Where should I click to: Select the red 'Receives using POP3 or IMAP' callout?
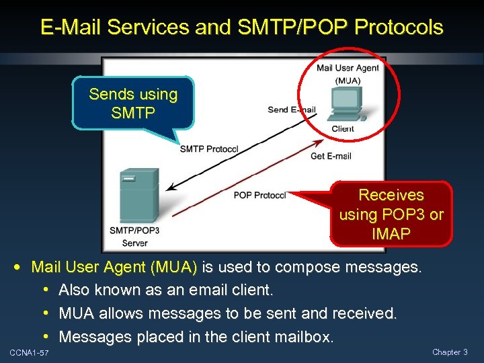pos(391,214)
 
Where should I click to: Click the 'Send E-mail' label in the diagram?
pos(291,110)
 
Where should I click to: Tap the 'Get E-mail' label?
pos(331,157)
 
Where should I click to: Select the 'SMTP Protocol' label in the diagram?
pos(209,149)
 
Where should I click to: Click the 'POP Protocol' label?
pos(259,196)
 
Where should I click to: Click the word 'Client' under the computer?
pos(343,129)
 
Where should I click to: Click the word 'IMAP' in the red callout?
pos(391,234)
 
